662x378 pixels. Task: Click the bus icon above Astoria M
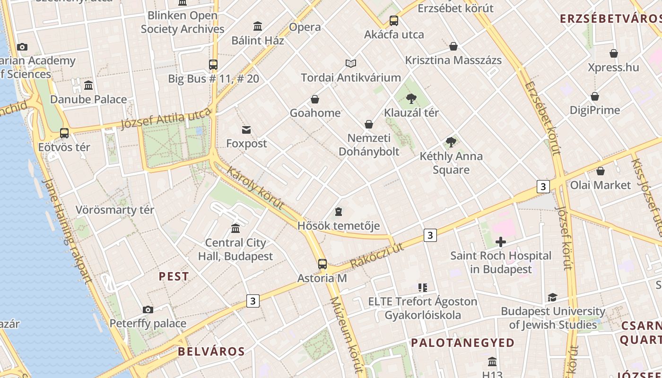322,264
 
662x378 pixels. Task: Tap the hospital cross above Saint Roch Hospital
500,242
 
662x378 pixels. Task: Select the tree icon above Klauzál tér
411,99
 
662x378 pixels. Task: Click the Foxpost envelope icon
246,130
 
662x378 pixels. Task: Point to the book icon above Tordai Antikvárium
350,63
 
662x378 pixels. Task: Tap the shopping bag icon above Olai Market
601,171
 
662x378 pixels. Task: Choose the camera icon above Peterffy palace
148,310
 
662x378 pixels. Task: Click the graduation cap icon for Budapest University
552,298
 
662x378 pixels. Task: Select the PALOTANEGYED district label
462,343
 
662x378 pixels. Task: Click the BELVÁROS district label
211,352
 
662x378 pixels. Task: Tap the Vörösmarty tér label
115,210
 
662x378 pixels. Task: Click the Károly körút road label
255,188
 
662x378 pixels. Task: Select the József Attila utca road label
165,118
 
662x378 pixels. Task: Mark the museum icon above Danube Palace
88,86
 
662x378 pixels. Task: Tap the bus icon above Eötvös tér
64,133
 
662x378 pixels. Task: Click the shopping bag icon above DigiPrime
595,96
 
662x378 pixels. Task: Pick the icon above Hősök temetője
338,212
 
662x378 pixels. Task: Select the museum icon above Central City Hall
235,229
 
